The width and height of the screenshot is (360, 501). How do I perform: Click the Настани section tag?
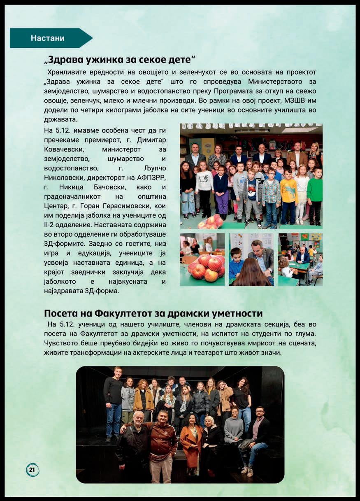(x=47, y=38)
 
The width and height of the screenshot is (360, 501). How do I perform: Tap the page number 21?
(x=33, y=469)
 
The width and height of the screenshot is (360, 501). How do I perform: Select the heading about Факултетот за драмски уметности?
(x=153, y=314)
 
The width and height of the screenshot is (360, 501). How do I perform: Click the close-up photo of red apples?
(x=202, y=260)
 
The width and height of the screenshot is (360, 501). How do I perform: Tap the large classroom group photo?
(x=251, y=176)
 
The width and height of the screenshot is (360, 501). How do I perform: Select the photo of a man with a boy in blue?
(x=251, y=260)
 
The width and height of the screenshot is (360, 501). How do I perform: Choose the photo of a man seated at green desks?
(x=300, y=260)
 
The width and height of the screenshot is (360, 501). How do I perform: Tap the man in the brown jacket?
(x=163, y=445)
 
